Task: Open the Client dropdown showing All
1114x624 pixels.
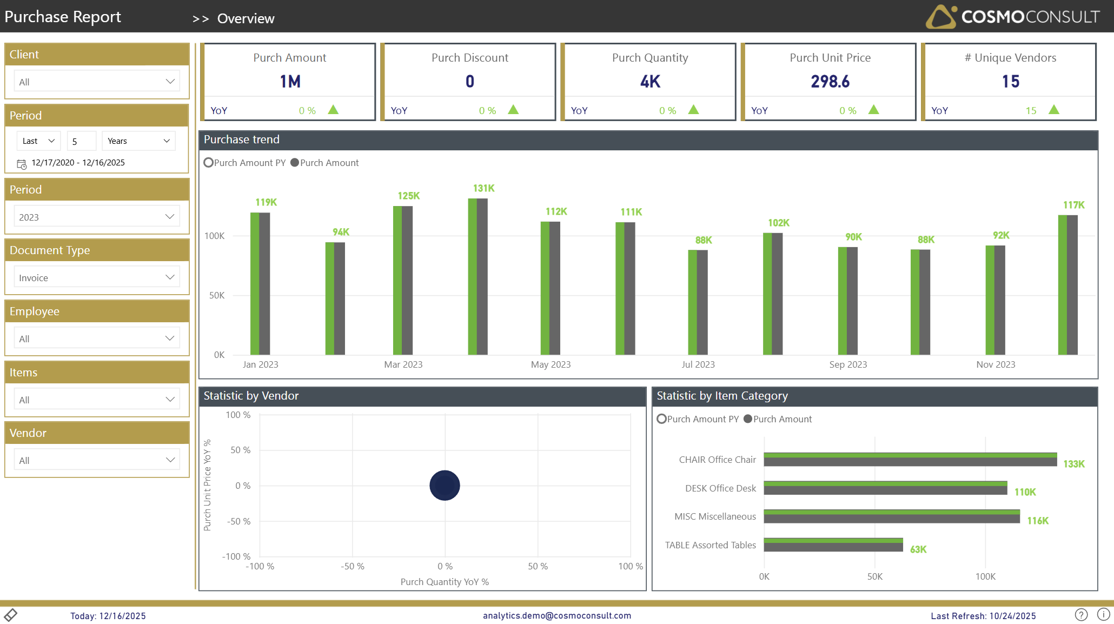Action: (97, 82)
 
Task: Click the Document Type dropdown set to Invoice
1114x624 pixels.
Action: (97, 277)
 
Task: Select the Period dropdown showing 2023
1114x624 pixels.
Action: (97, 217)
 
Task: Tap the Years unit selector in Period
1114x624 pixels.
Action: (138, 141)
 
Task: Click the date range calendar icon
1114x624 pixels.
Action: (22, 164)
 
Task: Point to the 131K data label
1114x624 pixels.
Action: (483, 188)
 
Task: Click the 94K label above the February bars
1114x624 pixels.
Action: (341, 232)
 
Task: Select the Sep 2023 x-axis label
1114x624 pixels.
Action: (848, 364)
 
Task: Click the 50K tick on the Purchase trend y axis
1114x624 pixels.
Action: (217, 295)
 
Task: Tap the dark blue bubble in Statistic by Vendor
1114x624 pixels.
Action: (445, 485)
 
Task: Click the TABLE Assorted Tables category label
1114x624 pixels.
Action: (710, 545)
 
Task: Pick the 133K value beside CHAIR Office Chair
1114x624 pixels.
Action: (1073, 464)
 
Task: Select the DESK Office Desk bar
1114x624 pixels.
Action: (885, 488)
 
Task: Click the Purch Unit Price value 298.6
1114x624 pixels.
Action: (830, 82)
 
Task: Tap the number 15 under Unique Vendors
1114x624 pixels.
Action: (1010, 82)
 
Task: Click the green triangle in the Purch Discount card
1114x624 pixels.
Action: (513, 110)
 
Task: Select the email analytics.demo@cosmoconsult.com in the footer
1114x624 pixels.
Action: (557, 615)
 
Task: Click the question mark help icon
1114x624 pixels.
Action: (1081, 615)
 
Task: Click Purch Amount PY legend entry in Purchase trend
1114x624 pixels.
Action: (245, 163)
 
